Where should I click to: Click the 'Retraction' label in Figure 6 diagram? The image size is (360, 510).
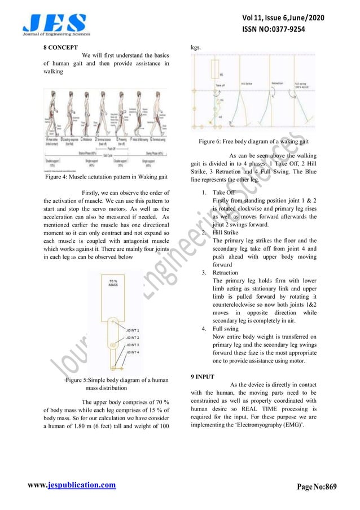(277, 82)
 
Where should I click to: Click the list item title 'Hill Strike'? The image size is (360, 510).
(225, 232)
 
